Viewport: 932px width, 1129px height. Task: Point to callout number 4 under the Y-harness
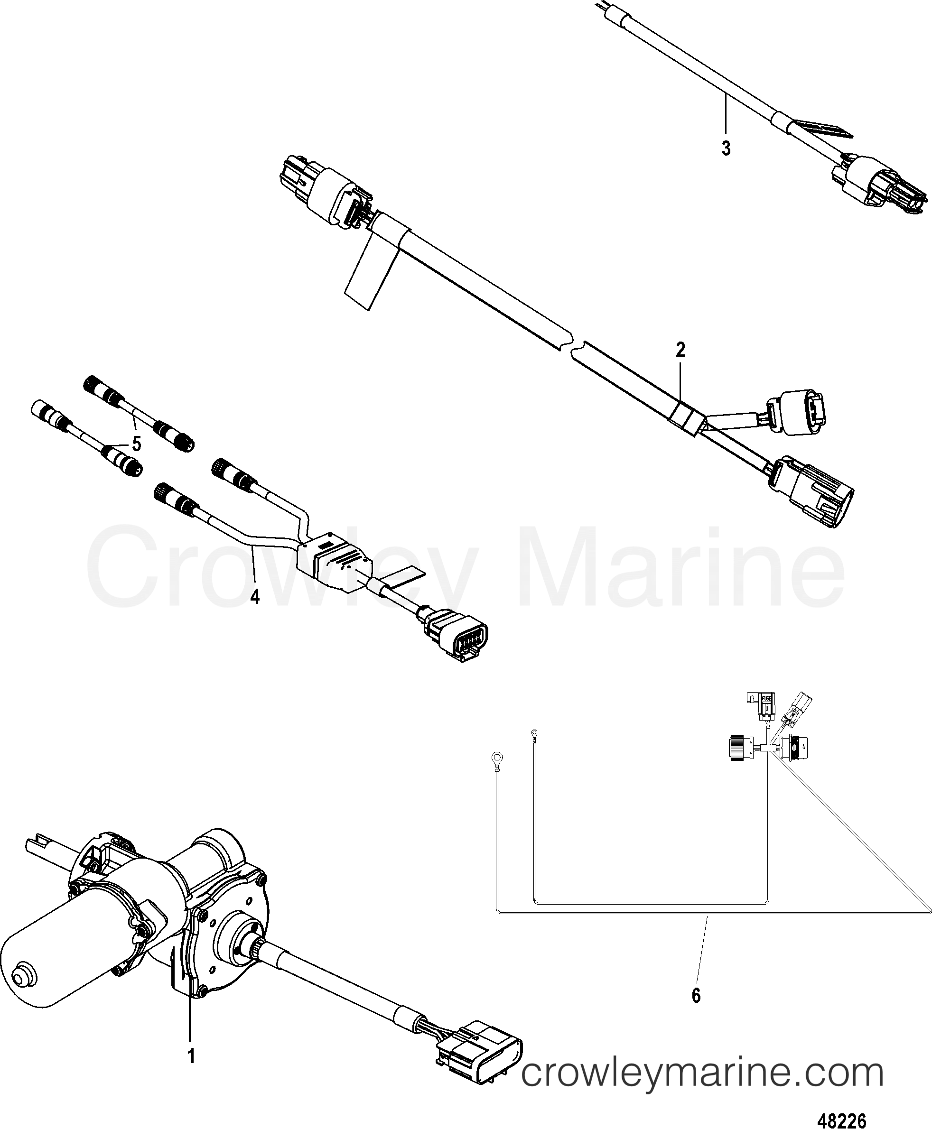(255, 596)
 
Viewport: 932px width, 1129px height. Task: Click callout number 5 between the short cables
(136, 443)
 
